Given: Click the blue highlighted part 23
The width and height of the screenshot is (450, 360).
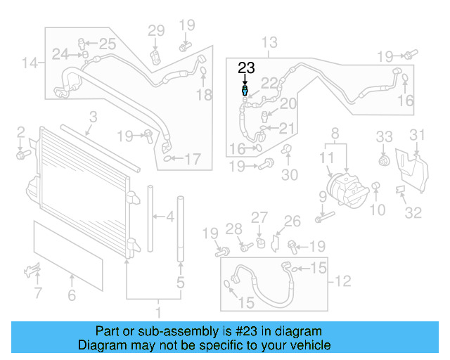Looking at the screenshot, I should click(x=245, y=91).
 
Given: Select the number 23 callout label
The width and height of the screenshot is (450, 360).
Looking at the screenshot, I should click(x=246, y=68).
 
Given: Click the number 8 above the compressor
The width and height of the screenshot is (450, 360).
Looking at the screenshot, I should click(x=335, y=133).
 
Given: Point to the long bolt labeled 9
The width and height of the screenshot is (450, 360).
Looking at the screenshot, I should click(x=322, y=217).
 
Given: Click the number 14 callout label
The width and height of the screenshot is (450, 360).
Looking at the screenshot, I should click(x=29, y=64).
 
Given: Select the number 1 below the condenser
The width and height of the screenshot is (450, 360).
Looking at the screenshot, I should click(x=159, y=311).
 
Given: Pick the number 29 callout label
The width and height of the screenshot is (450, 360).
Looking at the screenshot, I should click(x=155, y=30).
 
